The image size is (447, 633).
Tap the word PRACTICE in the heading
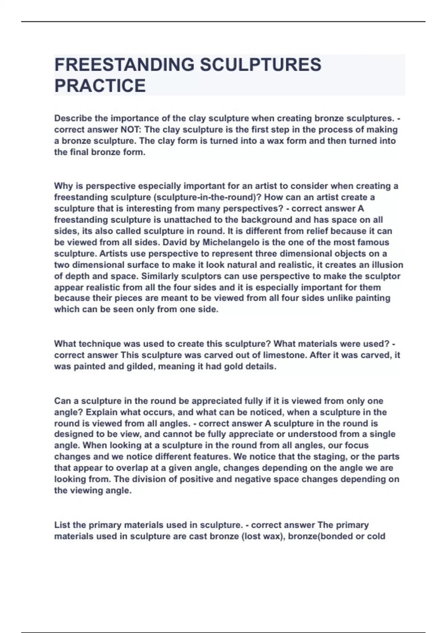pos(100,86)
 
